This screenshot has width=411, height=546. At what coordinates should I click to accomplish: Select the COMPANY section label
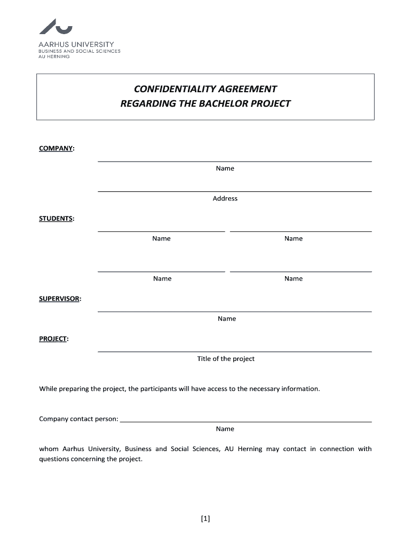click(x=56, y=148)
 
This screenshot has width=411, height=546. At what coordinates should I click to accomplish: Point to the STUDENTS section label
click(x=56, y=219)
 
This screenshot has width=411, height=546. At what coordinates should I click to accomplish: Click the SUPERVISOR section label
click(x=59, y=299)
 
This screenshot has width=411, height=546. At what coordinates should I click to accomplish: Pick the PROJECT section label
click(x=52, y=339)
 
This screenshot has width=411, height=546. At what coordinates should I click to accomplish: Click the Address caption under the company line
click(x=225, y=198)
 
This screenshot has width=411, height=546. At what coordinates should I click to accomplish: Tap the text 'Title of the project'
click(x=226, y=359)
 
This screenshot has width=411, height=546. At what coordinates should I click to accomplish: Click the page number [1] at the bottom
click(x=205, y=518)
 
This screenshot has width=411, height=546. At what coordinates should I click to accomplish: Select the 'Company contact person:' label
click(x=78, y=419)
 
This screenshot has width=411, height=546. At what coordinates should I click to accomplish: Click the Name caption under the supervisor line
click(x=226, y=319)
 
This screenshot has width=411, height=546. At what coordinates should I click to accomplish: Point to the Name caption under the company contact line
click(x=225, y=429)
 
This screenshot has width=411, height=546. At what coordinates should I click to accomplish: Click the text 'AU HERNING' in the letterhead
click(x=53, y=57)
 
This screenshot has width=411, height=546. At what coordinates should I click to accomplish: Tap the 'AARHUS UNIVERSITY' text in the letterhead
click(x=75, y=44)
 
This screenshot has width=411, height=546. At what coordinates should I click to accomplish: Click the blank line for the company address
click(x=235, y=190)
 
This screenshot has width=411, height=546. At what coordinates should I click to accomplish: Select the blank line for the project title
click(x=235, y=351)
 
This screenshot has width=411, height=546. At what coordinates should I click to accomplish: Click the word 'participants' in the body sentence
click(x=159, y=389)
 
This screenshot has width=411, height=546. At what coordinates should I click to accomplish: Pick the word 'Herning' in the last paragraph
click(x=250, y=449)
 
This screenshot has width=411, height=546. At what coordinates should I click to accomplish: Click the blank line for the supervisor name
click(x=235, y=311)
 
